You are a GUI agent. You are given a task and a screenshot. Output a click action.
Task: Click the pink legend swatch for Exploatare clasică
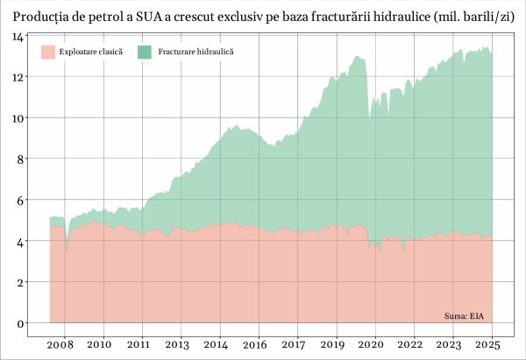pyautogui.click(x=49, y=53)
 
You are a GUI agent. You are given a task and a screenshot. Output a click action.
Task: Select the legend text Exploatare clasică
pyautogui.click(x=91, y=53)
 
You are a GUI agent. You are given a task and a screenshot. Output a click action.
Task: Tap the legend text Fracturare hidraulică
pyautogui.click(x=195, y=53)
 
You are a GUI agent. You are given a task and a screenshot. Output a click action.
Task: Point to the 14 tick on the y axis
pyautogui.click(x=18, y=36)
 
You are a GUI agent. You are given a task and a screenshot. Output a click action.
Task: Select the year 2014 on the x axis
pyautogui.click(x=219, y=345)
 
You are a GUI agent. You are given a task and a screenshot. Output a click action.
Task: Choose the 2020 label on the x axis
pyautogui.click(x=375, y=345)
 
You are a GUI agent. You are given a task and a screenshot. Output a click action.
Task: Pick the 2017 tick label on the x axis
pyautogui.click(x=297, y=345)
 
